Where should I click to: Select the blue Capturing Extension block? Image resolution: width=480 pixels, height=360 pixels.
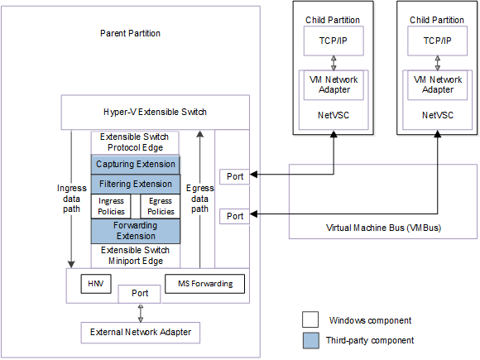[135, 164]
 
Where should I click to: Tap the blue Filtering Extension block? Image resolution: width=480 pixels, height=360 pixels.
[135, 184]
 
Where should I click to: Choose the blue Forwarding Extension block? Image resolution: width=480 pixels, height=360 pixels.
[135, 230]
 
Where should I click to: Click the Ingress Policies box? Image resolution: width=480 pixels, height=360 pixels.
[111, 206]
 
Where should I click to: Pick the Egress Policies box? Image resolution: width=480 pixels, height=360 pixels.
[160, 206]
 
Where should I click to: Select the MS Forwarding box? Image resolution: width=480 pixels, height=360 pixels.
[205, 284]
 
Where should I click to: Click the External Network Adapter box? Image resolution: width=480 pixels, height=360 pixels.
[140, 333]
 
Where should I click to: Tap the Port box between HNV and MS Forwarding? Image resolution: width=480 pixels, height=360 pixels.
[140, 294]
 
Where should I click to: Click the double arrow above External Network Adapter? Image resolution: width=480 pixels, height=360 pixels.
[140, 313]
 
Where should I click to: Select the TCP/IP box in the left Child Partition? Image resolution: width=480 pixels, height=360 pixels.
[333, 41]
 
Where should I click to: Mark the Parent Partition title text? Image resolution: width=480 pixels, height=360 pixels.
[130, 33]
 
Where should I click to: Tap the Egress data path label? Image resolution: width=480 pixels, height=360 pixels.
[199, 198]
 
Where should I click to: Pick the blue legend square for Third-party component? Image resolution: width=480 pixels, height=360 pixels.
[310, 340]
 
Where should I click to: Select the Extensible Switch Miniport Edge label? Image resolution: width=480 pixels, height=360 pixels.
[135, 255]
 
